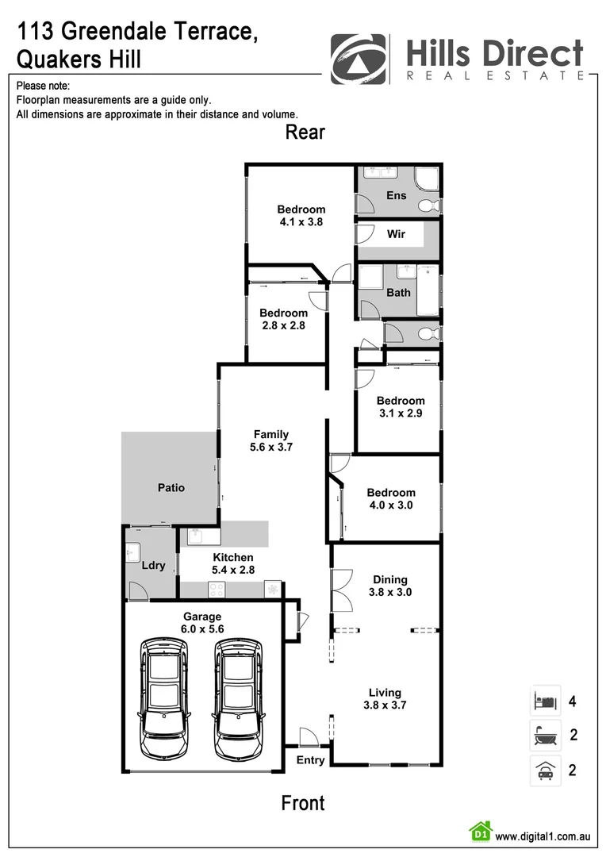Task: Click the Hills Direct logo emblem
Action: pyautogui.click(x=360, y=59)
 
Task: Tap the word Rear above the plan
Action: pyautogui.click(x=305, y=132)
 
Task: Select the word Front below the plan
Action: pyautogui.click(x=303, y=803)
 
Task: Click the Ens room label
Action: pyautogui.click(x=396, y=195)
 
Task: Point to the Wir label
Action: pyautogui.click(x=396, y=234)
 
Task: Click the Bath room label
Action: pyautogui.click(x=398, y=292)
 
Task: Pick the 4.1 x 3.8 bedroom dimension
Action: pyautogui.click(x=301, y=222)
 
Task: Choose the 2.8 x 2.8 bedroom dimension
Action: pyautogui.click(x=283, y=325)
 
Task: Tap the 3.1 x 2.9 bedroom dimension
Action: pyautogui.click(x=401, y=413)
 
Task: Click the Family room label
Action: pyautogui.click(x=271, y=434)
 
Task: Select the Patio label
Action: pyautogui.click(x=170, y=487)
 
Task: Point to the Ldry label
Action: pyautogui.click(x=153, y=566)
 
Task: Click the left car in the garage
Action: pyautogui.click(x=165, y=697)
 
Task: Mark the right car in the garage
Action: pyautogui.click(x=240, y=697)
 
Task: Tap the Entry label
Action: pyautogui.click(x=310, y=759)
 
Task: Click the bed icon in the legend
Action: pyautogui.click(x=545, y=701)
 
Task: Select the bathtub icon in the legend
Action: pyautogui.click(x=545, y=735)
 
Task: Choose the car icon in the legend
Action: pyautogui.click(x=545, y=770)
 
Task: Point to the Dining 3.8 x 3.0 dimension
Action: pyautogui.click(x=390, y=592)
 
